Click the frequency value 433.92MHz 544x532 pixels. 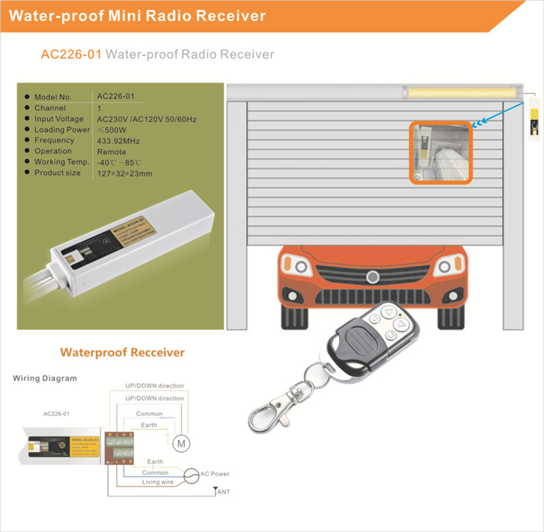point(118,141)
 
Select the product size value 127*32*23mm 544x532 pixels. point(125,173)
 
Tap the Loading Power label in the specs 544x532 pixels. point(62,130)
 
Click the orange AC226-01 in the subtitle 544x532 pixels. point(71,54)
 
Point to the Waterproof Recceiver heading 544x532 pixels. point(122,352)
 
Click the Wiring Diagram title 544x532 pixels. point(45,378)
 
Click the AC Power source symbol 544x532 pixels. point(191,475)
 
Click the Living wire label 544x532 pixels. point(158,482)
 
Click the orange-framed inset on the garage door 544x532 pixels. point(440,152)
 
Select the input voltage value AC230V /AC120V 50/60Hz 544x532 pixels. point(147,119)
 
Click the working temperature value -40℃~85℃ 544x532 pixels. point(119,163)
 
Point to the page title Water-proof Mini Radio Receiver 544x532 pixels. point(137,15)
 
